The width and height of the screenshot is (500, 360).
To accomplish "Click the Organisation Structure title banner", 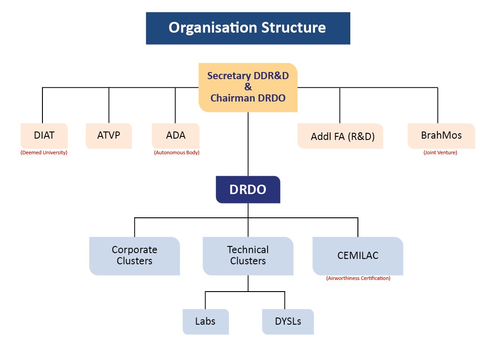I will point(248,28).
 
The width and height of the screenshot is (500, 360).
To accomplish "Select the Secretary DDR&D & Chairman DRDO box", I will point(248,87).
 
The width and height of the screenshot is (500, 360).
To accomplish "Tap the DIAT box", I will point(44,136).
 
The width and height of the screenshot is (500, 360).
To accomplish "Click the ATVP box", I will point(109,136).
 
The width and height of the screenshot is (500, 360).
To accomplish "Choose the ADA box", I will point(176,136).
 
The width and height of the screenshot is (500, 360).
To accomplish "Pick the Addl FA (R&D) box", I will point(340,136).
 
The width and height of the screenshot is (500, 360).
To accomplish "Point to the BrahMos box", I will point(441,136).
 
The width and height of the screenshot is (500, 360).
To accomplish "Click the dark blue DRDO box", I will point(248,190).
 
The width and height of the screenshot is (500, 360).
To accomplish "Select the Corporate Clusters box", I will point(134,256).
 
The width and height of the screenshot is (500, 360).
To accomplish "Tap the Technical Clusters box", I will point(248,256).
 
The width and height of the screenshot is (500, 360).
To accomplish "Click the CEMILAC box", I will point(358,256).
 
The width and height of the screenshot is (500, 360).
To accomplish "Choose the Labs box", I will point(206,322).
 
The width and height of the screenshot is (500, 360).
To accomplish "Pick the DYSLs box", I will point(288,322).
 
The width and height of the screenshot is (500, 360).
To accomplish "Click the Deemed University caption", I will point(44,153).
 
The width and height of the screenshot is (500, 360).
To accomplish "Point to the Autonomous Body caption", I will point(176,153).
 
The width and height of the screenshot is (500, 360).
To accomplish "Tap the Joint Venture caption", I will point(440,153).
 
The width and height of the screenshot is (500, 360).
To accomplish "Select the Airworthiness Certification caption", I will point(358,278).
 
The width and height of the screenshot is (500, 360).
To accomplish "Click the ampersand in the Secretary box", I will point(248,87).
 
